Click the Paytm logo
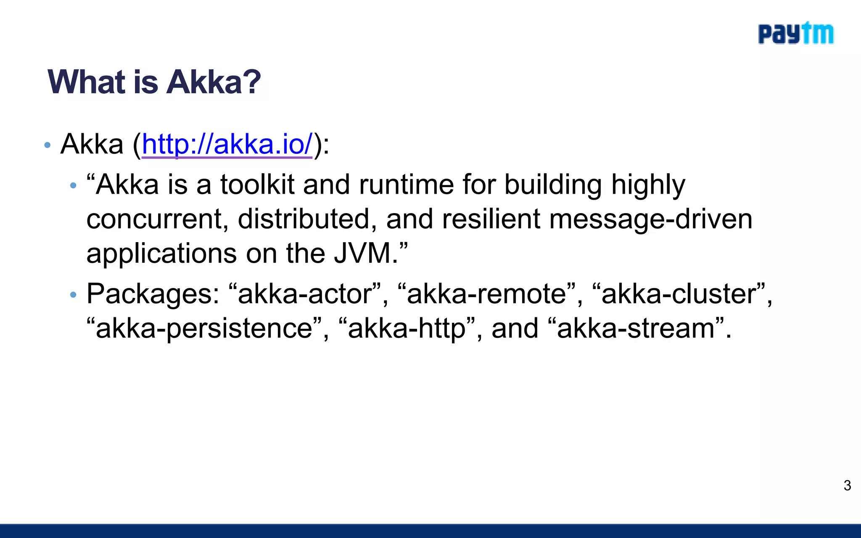tap(795, 34)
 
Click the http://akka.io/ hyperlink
tap(227, 144)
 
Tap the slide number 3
tap(847, 485)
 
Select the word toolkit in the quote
tap(257, 185)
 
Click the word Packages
tap(153, 294)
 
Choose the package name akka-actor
tap(305, 294)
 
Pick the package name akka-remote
tap(486, 294)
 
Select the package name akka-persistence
tap(204, 329)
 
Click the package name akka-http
tap(407, 329)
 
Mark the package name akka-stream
tap(636, 329)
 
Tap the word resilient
tap(491, 219)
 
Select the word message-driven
tap(650, 219)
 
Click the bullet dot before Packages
tap(73, 295)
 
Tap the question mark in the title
tap(251, 82)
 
